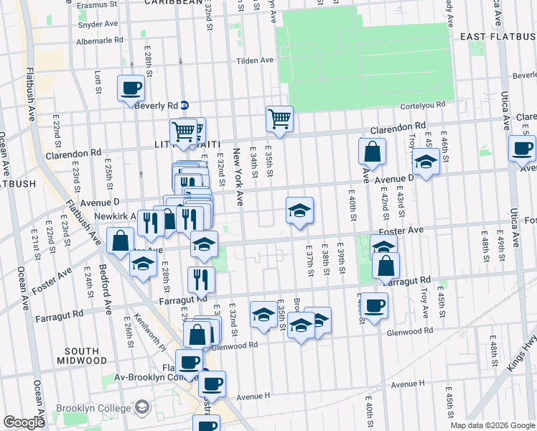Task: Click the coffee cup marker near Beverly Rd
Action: click(131, 89)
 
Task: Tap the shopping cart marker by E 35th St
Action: click(279, 119)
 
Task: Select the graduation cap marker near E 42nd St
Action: click(426, 162)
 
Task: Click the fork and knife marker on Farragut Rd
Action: click(201, 279)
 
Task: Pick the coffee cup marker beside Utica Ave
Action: click(522, 149)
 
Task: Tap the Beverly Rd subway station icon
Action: click(185, 104)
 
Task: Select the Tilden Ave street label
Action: click(256, 60)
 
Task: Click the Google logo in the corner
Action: click(24, 422)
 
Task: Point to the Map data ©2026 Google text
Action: click(492, 425)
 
